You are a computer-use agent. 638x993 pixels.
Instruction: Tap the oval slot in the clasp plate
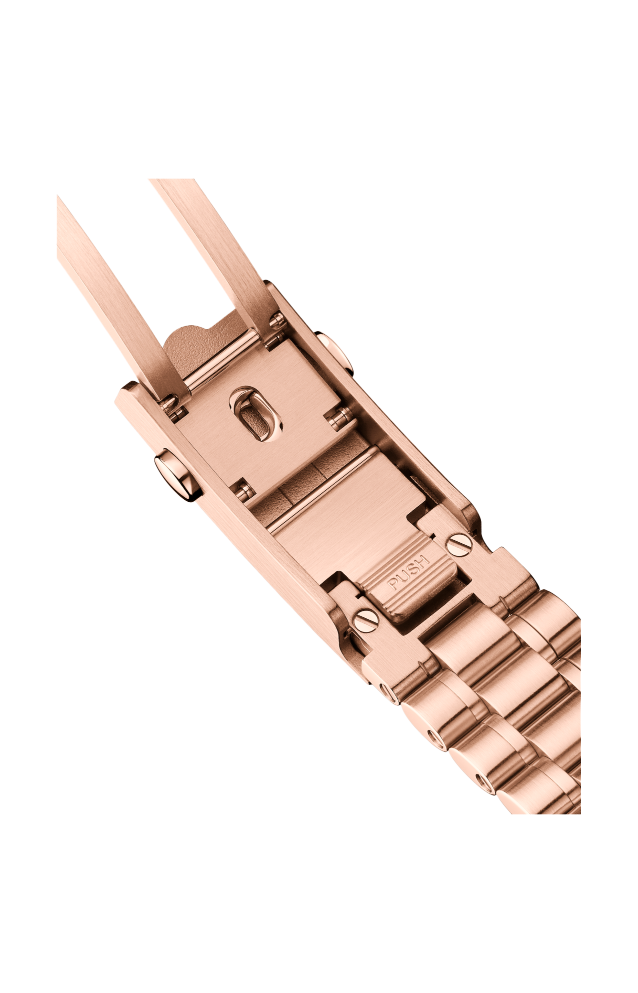[x=256, y=415]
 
